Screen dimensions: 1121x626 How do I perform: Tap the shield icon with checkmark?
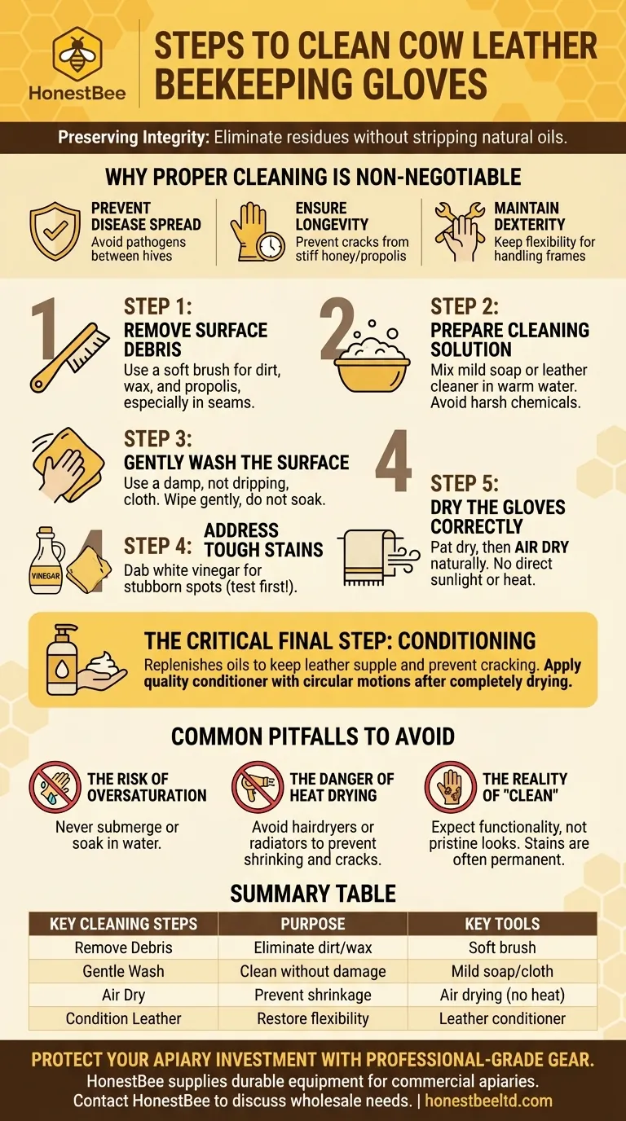click(x=55, y=231)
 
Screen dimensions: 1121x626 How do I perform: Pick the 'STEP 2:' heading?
click(x=465, y=306)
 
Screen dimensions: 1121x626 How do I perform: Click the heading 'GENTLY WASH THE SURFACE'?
click(x=236, y=463)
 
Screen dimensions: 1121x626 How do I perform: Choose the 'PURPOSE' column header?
click(x=313, y=924)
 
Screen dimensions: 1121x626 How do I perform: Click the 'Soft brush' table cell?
click(x=502, y=947)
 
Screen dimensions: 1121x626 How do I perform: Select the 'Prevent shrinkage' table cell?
click(x=313, y=995)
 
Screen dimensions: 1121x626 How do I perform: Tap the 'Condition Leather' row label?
click(x=124, y=1018)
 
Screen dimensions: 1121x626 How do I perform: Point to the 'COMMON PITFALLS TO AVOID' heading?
click(x=313, y=737)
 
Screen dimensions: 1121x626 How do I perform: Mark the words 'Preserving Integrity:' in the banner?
click(x=134, y=138)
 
